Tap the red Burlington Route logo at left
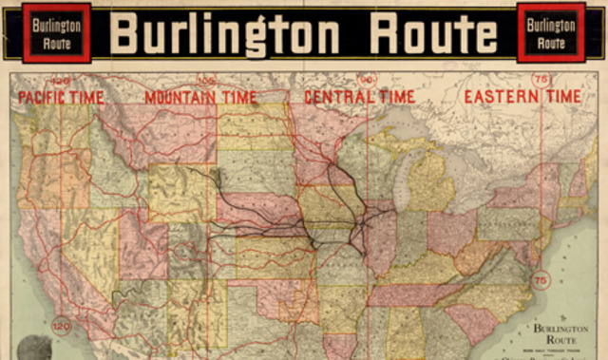click(x=56, y=34)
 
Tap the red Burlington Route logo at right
click(x=552, y=34)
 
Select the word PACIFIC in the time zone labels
click(x=44, y=97)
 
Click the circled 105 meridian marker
click(x=206, y=81)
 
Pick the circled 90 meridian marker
click(x=368, y=81)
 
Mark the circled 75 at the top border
click(x=541, y=81)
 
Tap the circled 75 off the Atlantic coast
click(x=541, y=281)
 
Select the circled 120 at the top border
click(x=63, y=81)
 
